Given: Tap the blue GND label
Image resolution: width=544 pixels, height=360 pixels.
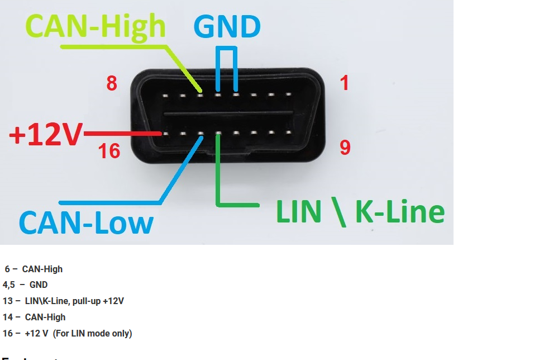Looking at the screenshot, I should point(227,26).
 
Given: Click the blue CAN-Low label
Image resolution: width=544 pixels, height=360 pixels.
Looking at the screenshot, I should point(86,222).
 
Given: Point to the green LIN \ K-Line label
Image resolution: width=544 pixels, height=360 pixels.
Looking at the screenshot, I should point(360,212).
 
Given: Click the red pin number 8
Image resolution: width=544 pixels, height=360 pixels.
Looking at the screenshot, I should point(112,84).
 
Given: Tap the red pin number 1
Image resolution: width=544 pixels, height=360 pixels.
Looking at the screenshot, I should point(344,83).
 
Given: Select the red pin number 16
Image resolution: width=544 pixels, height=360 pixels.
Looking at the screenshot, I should point(109,150).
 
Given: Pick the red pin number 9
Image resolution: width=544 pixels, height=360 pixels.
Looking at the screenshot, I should point(345,148).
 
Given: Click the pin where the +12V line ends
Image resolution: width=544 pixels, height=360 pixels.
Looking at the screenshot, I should point(165,134).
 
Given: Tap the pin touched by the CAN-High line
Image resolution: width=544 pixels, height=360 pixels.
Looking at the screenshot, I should point(201,95).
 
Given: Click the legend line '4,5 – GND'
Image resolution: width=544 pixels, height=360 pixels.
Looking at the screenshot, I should point(25,285).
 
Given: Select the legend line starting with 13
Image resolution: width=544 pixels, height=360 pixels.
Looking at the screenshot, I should point(63,301).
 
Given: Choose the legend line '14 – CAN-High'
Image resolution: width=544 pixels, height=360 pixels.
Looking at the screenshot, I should point(34,317).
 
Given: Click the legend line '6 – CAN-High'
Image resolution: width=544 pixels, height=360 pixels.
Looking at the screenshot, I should point(34,269).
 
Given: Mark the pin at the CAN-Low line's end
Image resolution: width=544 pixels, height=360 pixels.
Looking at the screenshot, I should point(201,134).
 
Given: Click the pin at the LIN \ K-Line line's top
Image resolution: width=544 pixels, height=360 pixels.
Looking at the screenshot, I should point(218,134).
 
